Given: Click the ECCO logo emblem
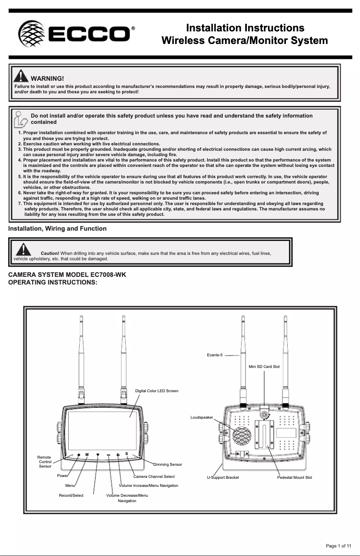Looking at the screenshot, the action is click(31, 34).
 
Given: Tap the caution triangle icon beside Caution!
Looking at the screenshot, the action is click(23, 250).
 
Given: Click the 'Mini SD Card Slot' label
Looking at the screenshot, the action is click(264, 367).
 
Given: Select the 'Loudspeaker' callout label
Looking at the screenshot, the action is click(202, 417).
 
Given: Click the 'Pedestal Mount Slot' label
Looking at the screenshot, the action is click(294, 477).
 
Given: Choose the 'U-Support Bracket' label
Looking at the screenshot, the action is click(223, 477).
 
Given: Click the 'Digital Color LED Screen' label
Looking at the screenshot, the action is click(157, 391).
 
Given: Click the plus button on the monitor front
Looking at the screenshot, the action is click(118, 455).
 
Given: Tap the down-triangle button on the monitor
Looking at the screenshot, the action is click(98, 455).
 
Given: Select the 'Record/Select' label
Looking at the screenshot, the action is click(71, 495).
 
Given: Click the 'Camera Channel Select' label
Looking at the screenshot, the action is click(154, 476).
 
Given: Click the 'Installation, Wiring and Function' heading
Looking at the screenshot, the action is click(57, 228).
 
